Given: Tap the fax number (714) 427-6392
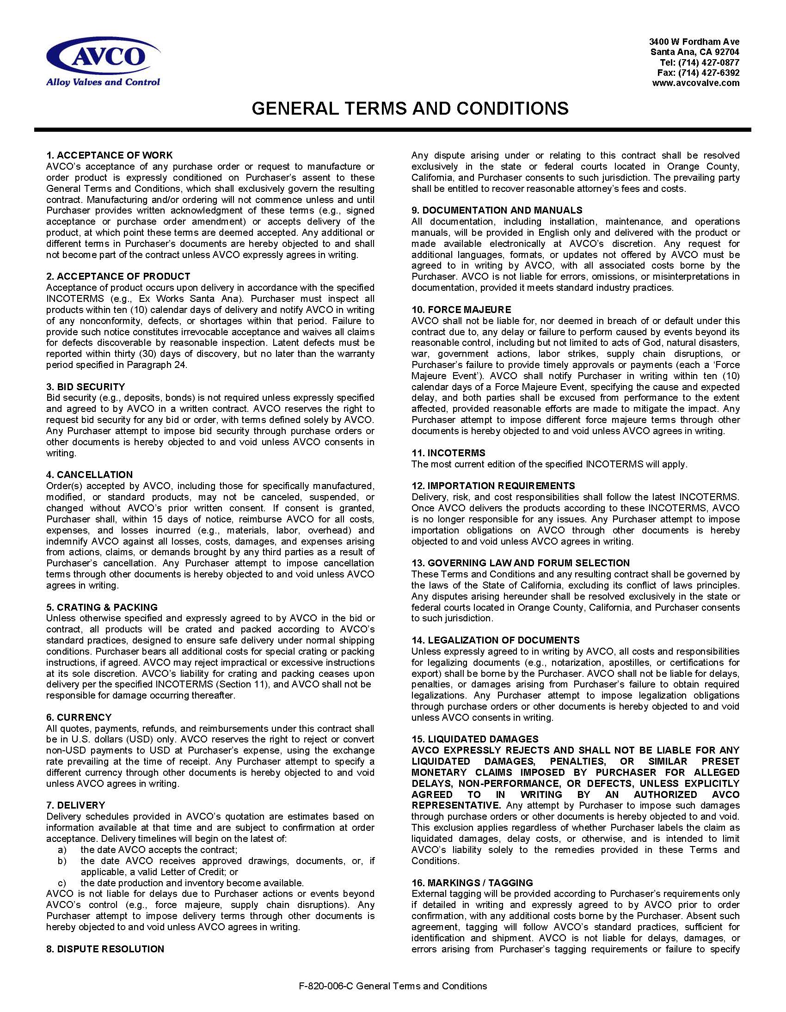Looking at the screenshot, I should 708,73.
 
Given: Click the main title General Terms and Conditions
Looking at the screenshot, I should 410,108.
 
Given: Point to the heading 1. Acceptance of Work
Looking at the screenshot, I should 110,155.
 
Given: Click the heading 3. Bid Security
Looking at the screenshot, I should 86,386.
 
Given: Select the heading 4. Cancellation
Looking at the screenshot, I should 89,474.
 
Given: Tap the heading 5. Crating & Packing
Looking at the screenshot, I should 102,607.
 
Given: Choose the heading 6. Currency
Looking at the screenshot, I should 79,718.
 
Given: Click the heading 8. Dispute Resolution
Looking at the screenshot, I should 105,949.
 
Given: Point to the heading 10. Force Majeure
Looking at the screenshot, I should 461,310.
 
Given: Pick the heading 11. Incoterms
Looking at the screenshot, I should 448,453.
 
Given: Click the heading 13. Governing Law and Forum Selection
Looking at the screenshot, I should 521,563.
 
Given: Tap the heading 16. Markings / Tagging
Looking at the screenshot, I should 472,883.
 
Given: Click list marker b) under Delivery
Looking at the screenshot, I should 61,861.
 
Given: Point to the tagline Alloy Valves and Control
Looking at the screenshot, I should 103,82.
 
